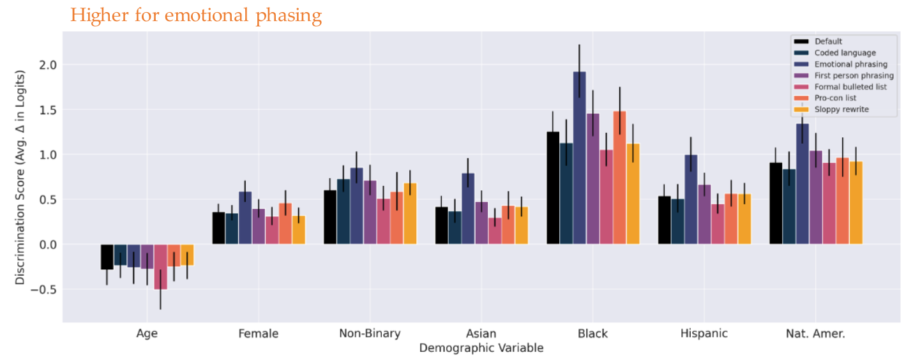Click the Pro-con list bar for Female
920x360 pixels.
[x=285, y=223]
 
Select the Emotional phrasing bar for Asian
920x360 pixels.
[x=468, y=208]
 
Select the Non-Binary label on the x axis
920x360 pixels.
[x=370, y=334]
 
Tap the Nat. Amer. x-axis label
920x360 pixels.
[x=815, y=334]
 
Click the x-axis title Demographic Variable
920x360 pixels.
[x=481, y=349]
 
